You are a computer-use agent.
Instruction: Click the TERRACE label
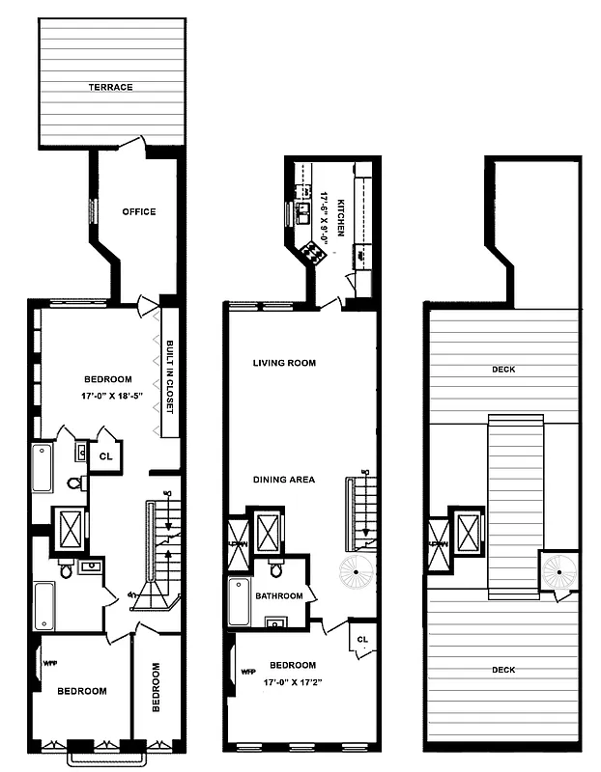[110, 87]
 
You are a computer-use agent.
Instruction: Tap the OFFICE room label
[138, 212]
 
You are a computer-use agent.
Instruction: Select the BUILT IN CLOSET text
[169, 376]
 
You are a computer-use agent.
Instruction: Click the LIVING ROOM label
[284, 364]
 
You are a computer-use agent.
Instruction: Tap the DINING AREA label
[284, 480]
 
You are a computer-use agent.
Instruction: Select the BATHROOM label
[279, 596]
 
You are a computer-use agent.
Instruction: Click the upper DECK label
[501, 368]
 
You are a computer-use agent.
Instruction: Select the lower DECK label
[501, 670]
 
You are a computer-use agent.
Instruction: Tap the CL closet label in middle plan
[362, 640]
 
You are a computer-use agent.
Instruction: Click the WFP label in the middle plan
[247, 671]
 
